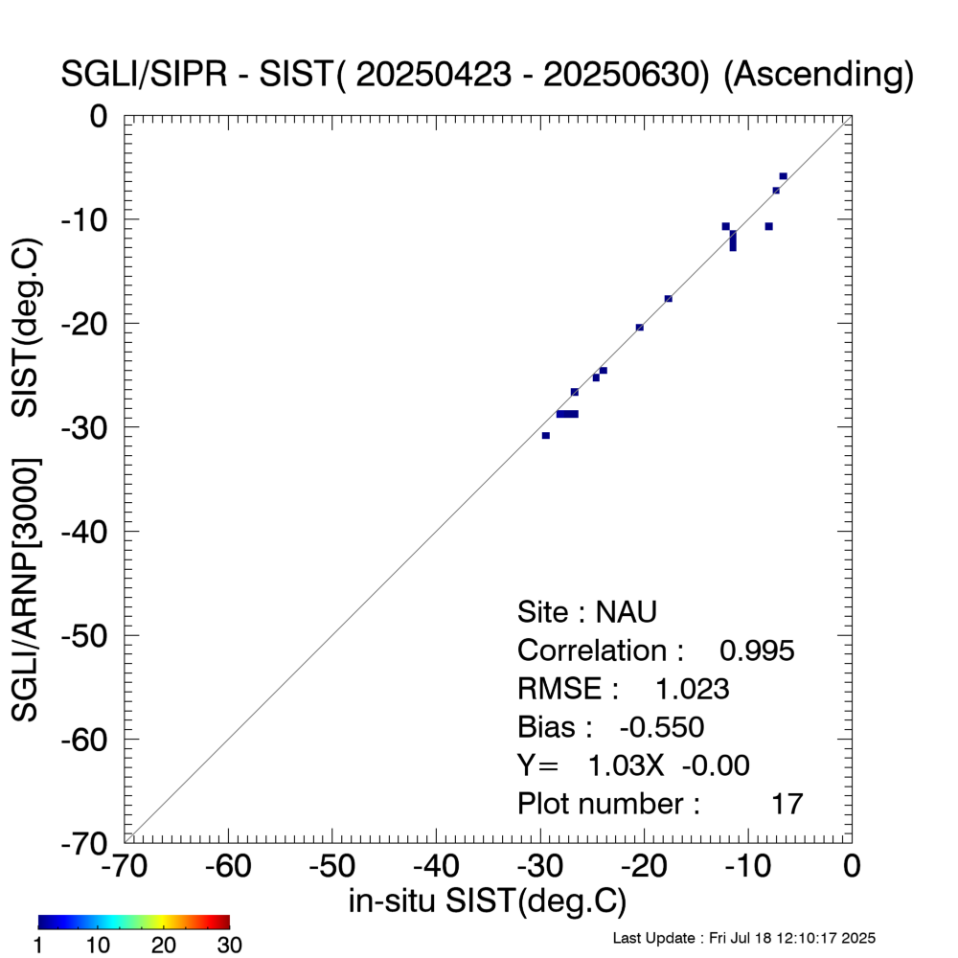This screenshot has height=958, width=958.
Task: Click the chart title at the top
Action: pos(487,75)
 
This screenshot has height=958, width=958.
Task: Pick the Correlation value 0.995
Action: pos(757,650)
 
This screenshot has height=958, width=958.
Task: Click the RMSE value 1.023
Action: pos(692,689)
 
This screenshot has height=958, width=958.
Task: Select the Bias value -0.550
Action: pos(662,727)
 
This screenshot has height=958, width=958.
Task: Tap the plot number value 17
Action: pos(787,804)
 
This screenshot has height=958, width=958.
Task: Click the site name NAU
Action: pos(627,612)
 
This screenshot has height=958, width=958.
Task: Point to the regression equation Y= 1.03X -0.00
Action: pos(633,765)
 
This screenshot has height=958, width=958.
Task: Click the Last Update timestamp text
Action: pos(742,938)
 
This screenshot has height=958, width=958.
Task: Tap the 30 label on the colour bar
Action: pos(228,946)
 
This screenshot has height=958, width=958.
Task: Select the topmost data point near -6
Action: pos(783,176)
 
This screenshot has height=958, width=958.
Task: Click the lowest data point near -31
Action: pos(545,436)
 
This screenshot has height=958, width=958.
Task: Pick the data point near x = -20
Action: pos(639,328)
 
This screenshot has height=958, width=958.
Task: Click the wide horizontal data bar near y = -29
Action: pos(567,414)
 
